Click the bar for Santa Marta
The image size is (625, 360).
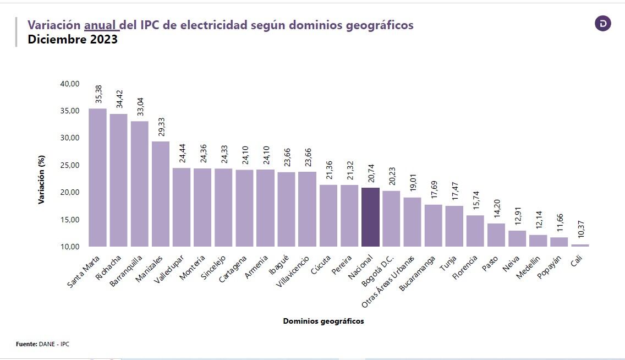click(97, 177)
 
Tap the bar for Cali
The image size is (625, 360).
click(580, 245)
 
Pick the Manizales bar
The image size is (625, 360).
click(161, 194)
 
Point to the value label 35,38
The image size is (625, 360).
click(98, 94)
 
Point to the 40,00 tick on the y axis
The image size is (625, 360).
click(70, 84)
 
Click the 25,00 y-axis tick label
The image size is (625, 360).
click(70, 165)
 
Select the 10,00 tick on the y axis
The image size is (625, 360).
click(70, 247)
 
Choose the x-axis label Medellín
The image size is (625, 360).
click(528, 266)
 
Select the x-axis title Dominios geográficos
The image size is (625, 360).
click(324, 321)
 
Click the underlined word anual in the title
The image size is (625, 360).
click(100, 25)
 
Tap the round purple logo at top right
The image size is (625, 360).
click(603, 24)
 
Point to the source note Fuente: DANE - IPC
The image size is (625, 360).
click(43, 344)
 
